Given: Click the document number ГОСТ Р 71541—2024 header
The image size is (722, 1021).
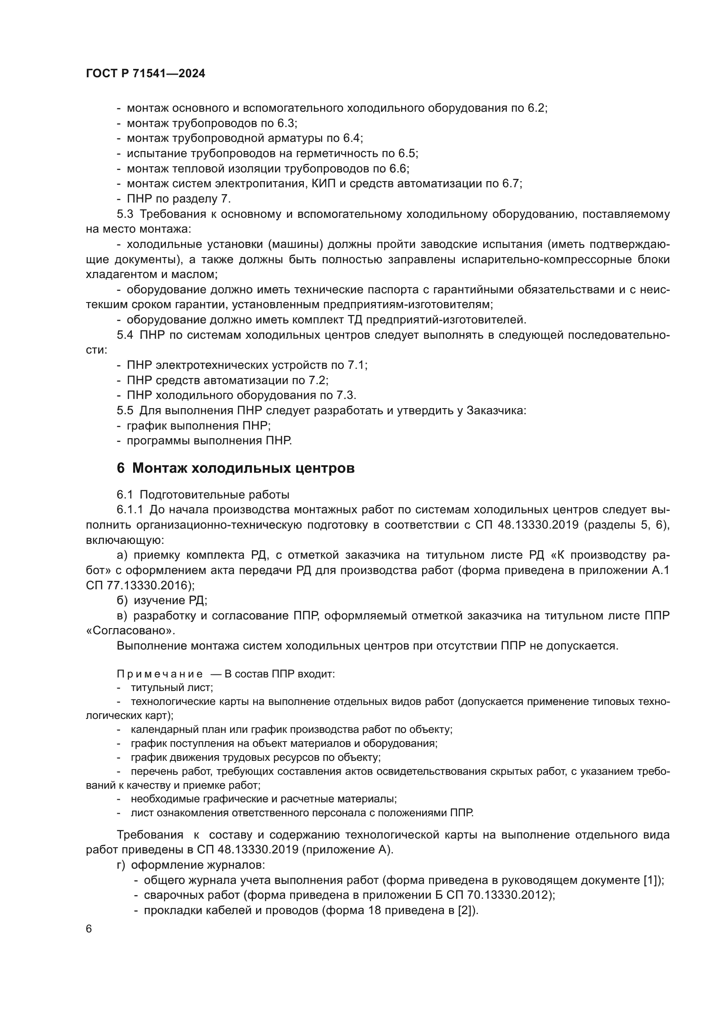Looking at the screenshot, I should pyautogui.click(x=145, y=74).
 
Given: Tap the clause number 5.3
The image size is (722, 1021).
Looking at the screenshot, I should pyautogui.click(x=125, y=214).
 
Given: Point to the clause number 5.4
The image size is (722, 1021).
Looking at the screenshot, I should pyautogui.click(x=125, y=335).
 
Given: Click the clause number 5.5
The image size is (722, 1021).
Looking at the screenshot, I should pyautogui.click(x=125, y=410).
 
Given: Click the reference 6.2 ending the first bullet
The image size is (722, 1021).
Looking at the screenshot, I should pyautogui.click(x=536, y=108).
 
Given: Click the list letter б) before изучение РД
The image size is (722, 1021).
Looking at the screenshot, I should pyautogui.click(x=122, y=600).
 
